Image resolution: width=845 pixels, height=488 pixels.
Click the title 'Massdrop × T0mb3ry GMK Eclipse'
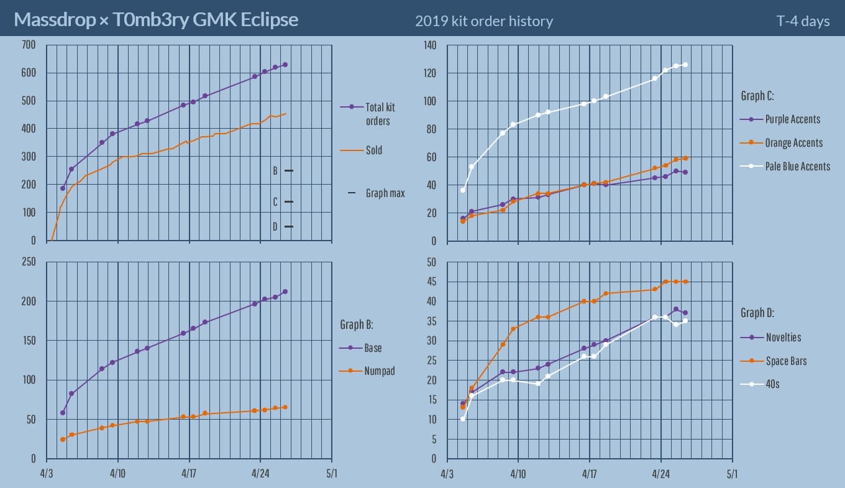156,20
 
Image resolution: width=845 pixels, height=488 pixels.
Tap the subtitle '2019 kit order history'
483,21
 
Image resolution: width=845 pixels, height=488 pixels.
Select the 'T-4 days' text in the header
803,21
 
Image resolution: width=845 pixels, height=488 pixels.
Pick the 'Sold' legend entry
373,150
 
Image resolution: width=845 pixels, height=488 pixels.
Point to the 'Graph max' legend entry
385,193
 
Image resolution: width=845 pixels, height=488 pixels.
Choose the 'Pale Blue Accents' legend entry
797,166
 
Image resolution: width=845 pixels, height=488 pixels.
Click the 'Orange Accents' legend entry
793,143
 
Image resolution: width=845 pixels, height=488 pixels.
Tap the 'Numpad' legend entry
380,371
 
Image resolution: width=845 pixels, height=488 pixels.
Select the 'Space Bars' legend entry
785,361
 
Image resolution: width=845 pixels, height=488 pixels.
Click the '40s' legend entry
772,384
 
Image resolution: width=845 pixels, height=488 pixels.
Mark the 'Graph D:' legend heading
757,313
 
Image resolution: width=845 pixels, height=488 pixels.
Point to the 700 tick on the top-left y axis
29,45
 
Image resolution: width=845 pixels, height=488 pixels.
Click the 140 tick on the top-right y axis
429,45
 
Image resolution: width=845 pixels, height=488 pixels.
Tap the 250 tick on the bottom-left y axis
29,262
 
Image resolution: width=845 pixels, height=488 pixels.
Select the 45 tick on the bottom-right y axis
432,282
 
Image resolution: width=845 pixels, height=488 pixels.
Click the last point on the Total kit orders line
285,65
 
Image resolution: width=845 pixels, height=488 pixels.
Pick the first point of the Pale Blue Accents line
462,190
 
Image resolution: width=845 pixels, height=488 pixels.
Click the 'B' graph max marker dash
288,170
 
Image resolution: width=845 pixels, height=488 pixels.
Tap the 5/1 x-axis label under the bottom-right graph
732,474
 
